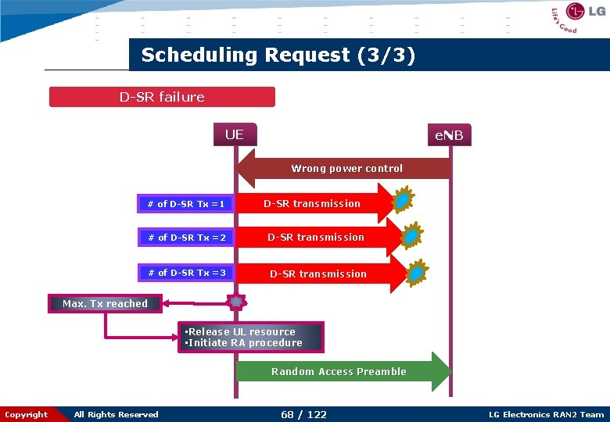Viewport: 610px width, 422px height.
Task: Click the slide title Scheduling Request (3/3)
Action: (x=278, y=55)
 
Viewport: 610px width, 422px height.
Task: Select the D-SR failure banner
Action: (x=162, y=97)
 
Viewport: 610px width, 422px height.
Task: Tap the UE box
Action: (x=235, y=134)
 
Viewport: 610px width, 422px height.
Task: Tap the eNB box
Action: (x=449, y=136)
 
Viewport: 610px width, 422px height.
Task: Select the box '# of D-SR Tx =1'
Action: (x=186, y=204)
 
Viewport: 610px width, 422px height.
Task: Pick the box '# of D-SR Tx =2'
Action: (x=186, y=238)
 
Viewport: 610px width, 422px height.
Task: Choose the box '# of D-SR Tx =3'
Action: (x=186, y=273)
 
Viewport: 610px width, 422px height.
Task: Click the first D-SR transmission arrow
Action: (x=313, y=204)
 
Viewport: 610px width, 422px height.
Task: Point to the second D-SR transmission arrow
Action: (x=316, y=238)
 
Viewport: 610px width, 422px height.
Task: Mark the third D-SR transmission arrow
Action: (x=318, y=274)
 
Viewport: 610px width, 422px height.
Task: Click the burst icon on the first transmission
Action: (x=402, y=201)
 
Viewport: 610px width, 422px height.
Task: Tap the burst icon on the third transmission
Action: (x=418, y=272)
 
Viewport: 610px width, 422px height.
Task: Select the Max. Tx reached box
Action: (x=105, y=304)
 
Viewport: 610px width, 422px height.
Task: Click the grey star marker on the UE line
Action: (x=235, y=302)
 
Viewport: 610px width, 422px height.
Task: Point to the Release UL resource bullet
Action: (x=241, y=332)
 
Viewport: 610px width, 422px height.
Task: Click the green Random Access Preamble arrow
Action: (x=340, y=372)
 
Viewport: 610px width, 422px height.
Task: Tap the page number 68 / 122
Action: (x=303, y=414)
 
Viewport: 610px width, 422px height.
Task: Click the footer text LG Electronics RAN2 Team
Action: (x=546, y=414)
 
